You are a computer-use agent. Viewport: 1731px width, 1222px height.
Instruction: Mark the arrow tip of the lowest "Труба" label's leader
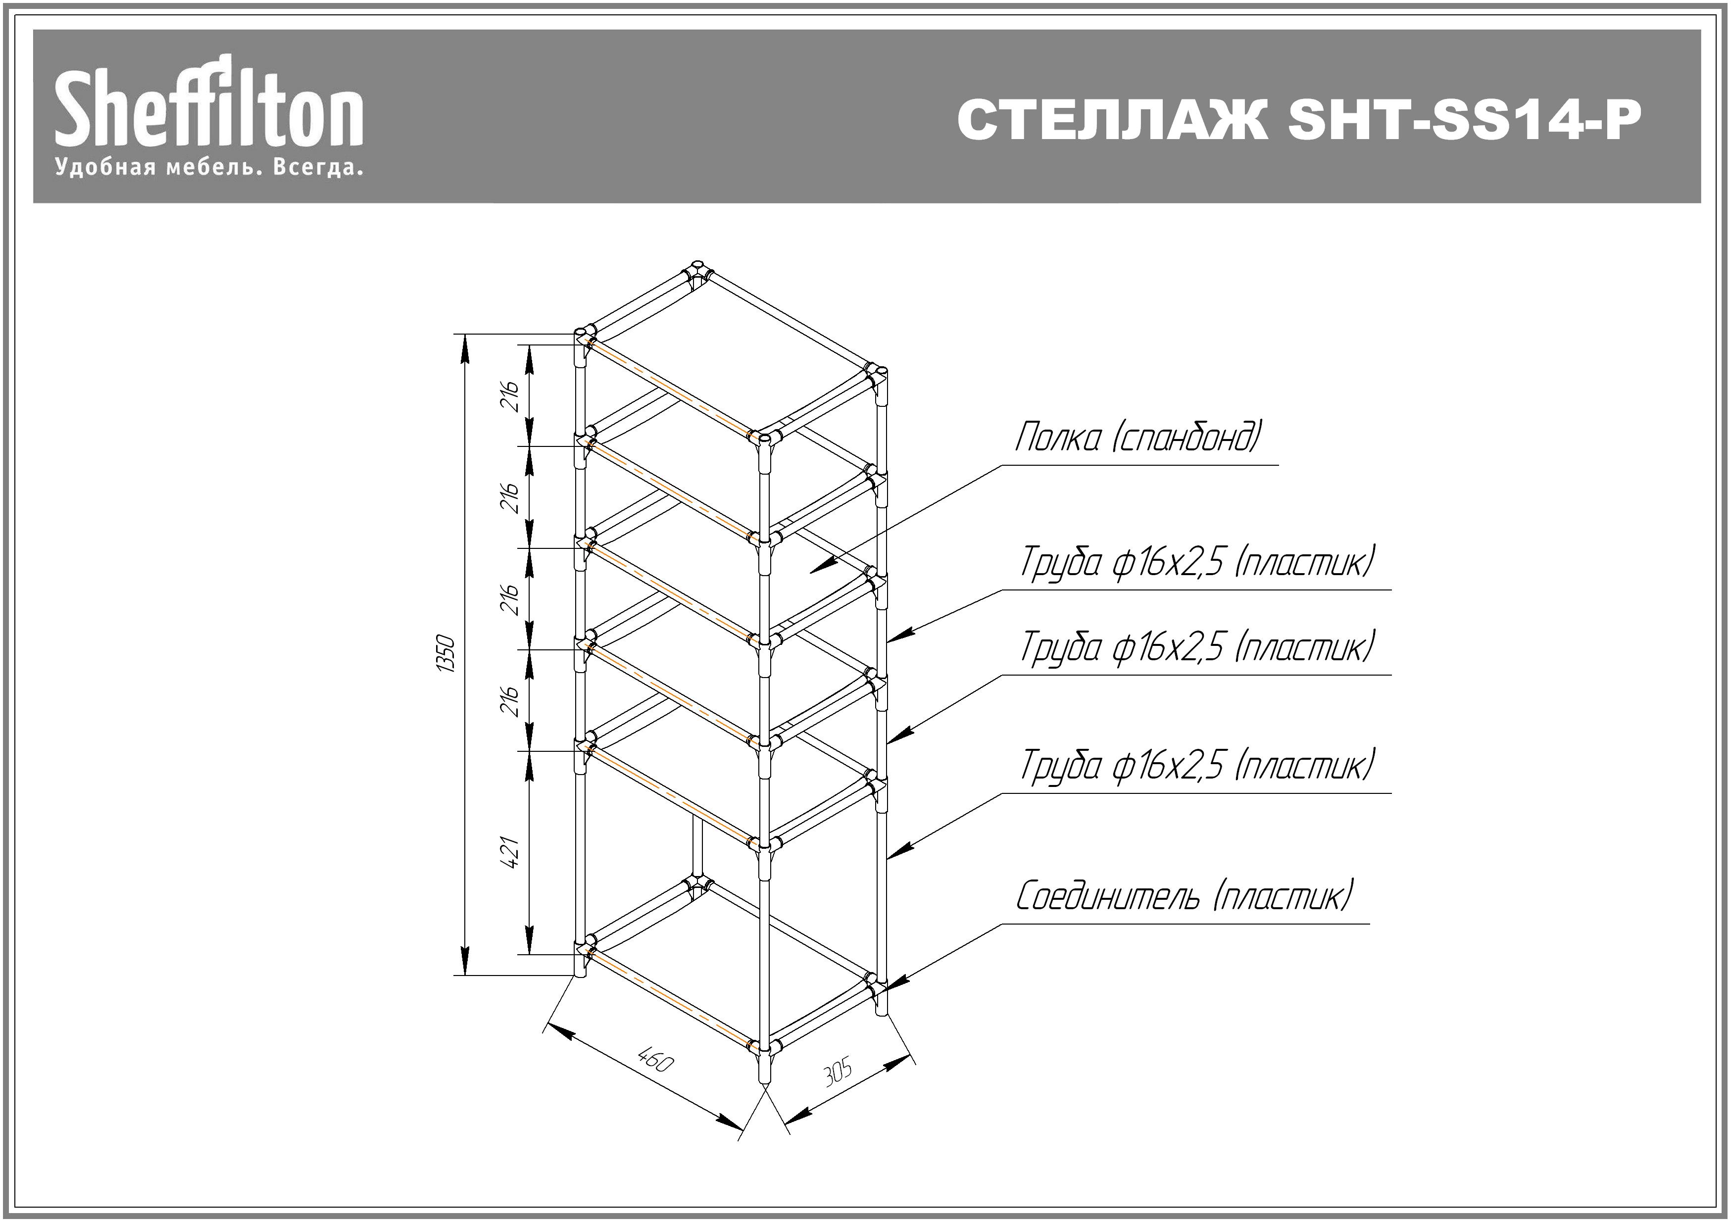(x=888, y=858)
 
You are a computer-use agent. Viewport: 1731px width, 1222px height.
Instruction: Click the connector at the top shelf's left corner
(x=584, y=336)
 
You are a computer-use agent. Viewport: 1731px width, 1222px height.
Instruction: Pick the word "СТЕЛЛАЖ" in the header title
(x=1112, y=120)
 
